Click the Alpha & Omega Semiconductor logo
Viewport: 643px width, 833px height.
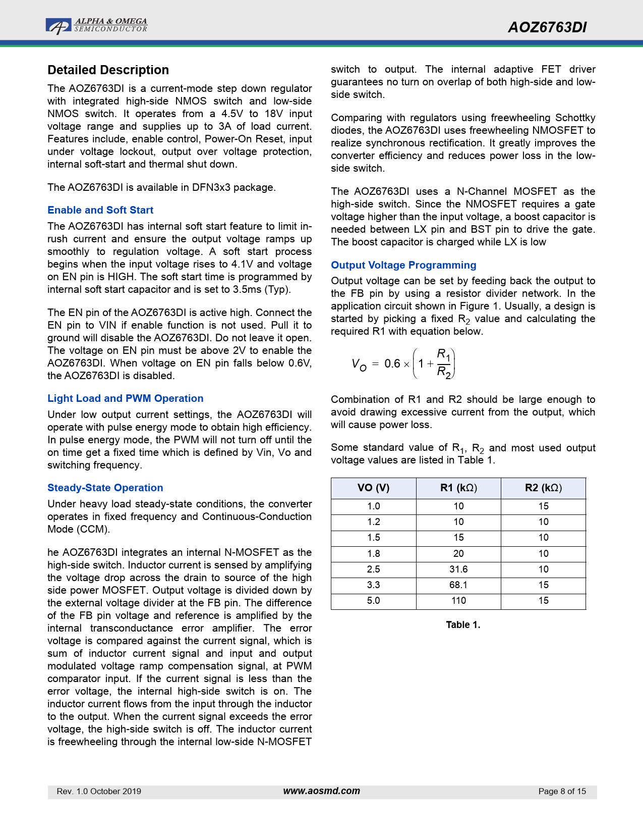[96, 26]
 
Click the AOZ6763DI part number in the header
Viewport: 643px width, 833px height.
[547, 27]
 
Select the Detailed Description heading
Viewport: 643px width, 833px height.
[108, 70]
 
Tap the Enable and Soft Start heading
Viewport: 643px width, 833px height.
[100, 210]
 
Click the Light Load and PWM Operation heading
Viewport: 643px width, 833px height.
[125, 398]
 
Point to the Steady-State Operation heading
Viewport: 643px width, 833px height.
[105, 488]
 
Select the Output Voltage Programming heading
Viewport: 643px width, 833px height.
[403, 265]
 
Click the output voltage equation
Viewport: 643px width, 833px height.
[403, 363]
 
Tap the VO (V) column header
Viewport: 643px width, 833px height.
[373, 488]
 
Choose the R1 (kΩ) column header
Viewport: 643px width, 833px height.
[458, 488]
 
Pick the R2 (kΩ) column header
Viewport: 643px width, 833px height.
[543, 488]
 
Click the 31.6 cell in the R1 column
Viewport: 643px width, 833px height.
[458, 569]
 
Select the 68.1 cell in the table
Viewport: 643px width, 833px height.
[458, 585]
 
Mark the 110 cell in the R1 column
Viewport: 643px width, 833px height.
[458, 600]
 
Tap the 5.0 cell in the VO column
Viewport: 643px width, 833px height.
[373, 600]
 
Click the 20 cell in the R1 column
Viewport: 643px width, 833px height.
[458, 553]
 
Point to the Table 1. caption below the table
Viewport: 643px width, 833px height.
[463, 624]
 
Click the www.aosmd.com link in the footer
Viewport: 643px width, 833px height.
[322, 791]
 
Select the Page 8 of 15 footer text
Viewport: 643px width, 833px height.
[562, 791]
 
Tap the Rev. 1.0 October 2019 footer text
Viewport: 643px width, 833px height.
[99, 791]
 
